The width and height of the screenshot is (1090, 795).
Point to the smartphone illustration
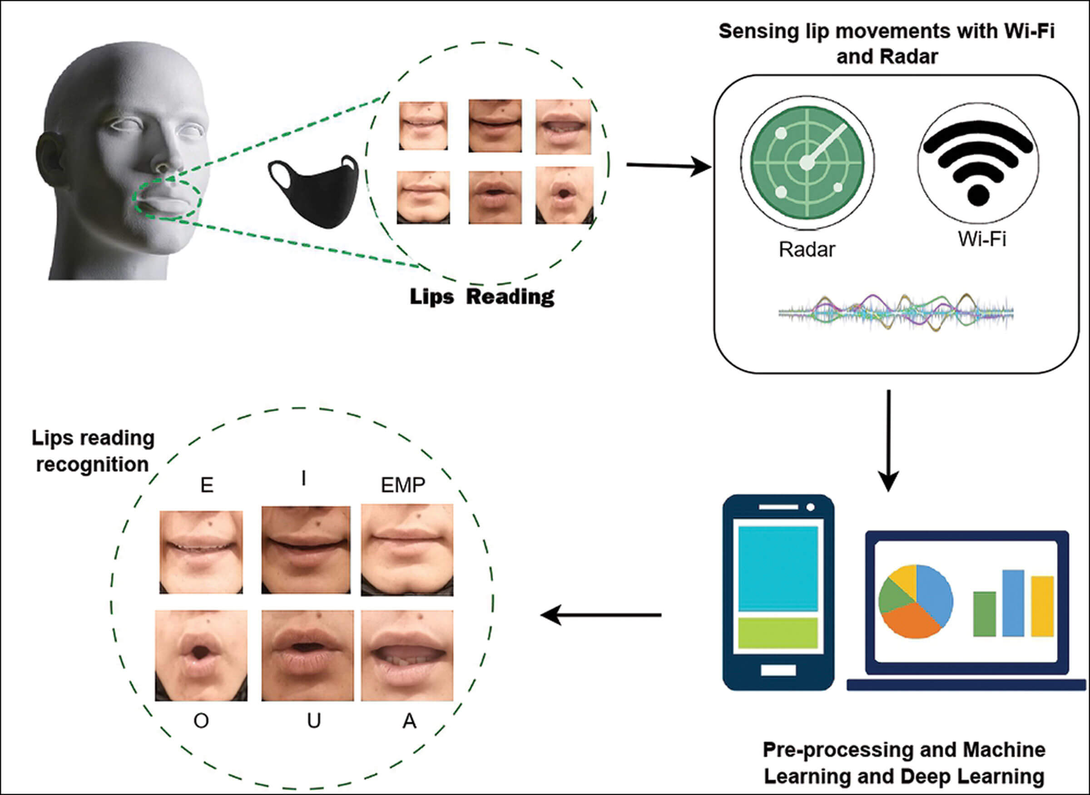[x=778, y=592]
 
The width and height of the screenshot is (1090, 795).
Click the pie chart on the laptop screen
[x=916, y=602]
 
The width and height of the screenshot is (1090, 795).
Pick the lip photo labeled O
[x=201, y=655]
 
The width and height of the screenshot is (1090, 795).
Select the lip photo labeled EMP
[x=407, y=550]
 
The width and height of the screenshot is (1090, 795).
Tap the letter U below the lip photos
[x=313, y=721]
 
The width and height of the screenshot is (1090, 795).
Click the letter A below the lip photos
[x=409, y=721]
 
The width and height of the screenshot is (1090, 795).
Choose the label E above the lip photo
[x=207, y=485]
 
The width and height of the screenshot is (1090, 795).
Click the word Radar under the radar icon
[x=807, y=249]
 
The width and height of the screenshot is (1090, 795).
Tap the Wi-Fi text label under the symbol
[x=982, y=239]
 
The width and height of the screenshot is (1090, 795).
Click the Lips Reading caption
[x=482, y=296]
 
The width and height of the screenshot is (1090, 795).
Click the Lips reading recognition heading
[x=93, y=451]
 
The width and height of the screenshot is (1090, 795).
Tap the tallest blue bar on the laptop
[x=1013, y=603]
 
